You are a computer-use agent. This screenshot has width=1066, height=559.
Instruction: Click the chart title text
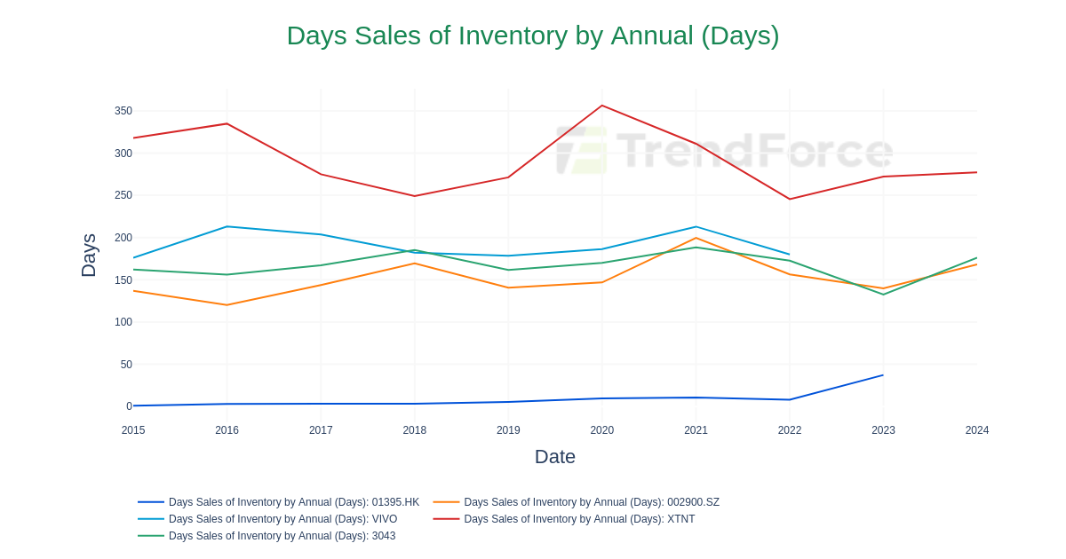(532, 35)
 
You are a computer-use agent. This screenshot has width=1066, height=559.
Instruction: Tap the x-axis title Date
(554, 457)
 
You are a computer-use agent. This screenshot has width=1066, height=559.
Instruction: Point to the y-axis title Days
(89, 256)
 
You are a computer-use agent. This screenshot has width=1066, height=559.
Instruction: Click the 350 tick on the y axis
(123, 111)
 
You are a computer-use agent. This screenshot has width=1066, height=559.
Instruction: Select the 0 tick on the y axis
(129, 406)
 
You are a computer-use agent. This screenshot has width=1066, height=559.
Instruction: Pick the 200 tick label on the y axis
(123, 238)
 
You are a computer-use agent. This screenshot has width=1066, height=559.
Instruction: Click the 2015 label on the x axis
(133, 430)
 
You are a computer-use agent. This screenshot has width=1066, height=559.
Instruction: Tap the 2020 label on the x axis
(601, 430)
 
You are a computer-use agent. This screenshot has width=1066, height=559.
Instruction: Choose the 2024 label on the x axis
(976, 430)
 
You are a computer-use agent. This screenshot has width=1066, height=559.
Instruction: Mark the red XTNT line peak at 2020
(602, 106)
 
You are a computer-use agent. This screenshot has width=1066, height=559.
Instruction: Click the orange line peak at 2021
(696, 238)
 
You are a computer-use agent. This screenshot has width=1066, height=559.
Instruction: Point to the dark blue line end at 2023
(883, 375)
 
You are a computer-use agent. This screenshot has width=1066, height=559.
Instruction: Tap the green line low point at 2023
(883, 295)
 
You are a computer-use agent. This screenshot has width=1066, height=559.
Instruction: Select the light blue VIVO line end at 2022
(789, 255)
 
